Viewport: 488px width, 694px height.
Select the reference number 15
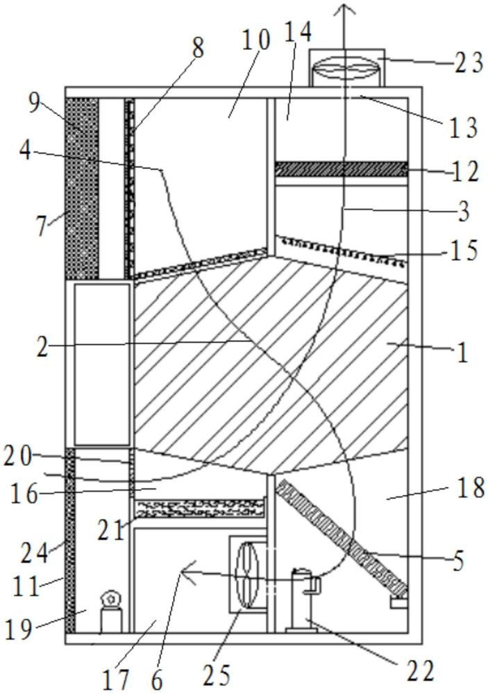click(x=464, y=251)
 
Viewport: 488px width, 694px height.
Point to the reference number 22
click(x=420, y=673)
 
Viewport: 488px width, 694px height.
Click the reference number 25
click(x=217, y=675)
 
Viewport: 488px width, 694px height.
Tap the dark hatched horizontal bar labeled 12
click(x=341, y=169)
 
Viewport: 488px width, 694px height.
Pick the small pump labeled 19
click(x=110, y=613)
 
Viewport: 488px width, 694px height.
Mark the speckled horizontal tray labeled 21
click(x=200, y=508)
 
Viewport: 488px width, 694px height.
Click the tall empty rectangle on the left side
click(x=102, y=364)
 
